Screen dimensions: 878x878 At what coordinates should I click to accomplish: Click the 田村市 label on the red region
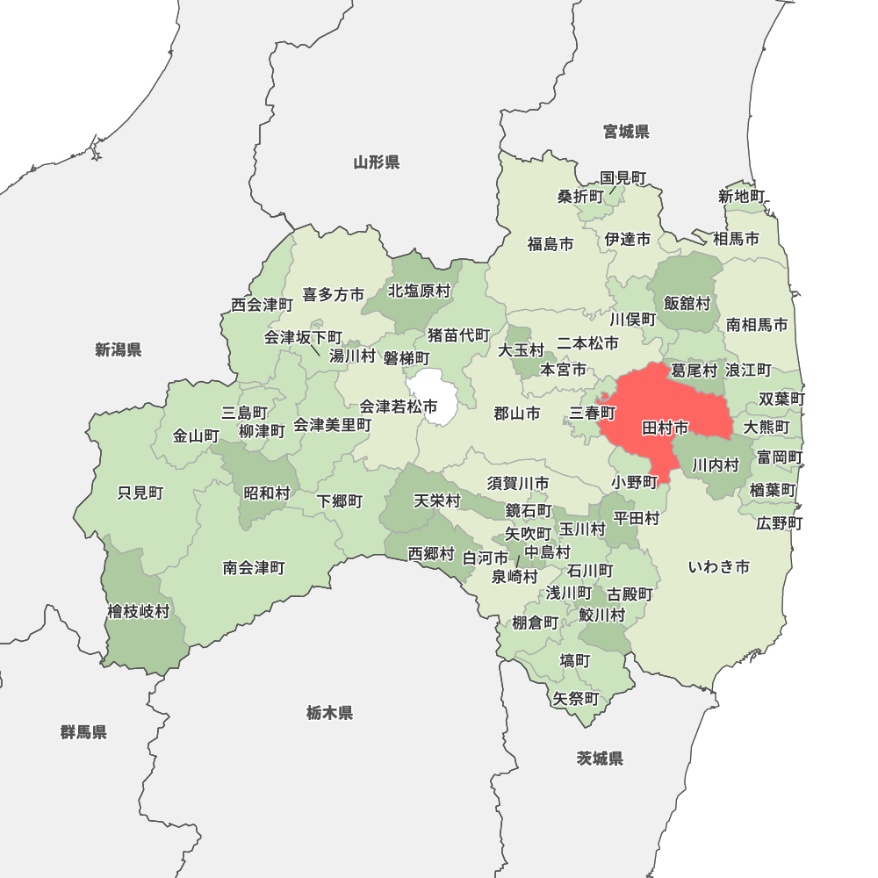tap(666, 428)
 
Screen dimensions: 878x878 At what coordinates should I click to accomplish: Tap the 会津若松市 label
tap(399, 407)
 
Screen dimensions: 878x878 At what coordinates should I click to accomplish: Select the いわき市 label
tap(718, 567)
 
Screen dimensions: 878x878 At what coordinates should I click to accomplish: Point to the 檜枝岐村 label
tap(139, 611)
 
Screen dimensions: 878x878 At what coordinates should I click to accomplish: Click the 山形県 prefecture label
tap(377, 162)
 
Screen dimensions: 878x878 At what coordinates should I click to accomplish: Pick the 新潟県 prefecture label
tap(119, 350)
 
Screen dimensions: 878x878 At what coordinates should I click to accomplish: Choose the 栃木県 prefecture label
tap(330, 713)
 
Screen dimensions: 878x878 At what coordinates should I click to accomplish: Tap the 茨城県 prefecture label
tap(601, 759)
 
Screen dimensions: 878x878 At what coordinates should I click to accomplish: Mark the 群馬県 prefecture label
tap(84, 732)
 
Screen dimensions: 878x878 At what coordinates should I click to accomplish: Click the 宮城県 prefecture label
tap(626, 132)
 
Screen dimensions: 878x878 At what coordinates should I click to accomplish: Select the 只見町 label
tap(140, 493)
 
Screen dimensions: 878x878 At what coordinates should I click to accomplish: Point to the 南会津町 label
tap(254, 568)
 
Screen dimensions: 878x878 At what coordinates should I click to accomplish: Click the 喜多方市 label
tap(333, 295)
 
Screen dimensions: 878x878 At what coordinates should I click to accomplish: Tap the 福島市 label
tap(551, 243)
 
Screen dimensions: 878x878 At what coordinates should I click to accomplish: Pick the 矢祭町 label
tap(576, 699)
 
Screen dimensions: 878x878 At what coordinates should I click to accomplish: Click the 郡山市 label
tap(516, 414)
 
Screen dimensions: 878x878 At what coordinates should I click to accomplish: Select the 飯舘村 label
tap(687, 303)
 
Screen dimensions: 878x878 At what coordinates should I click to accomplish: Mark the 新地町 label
tap(742, 196)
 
